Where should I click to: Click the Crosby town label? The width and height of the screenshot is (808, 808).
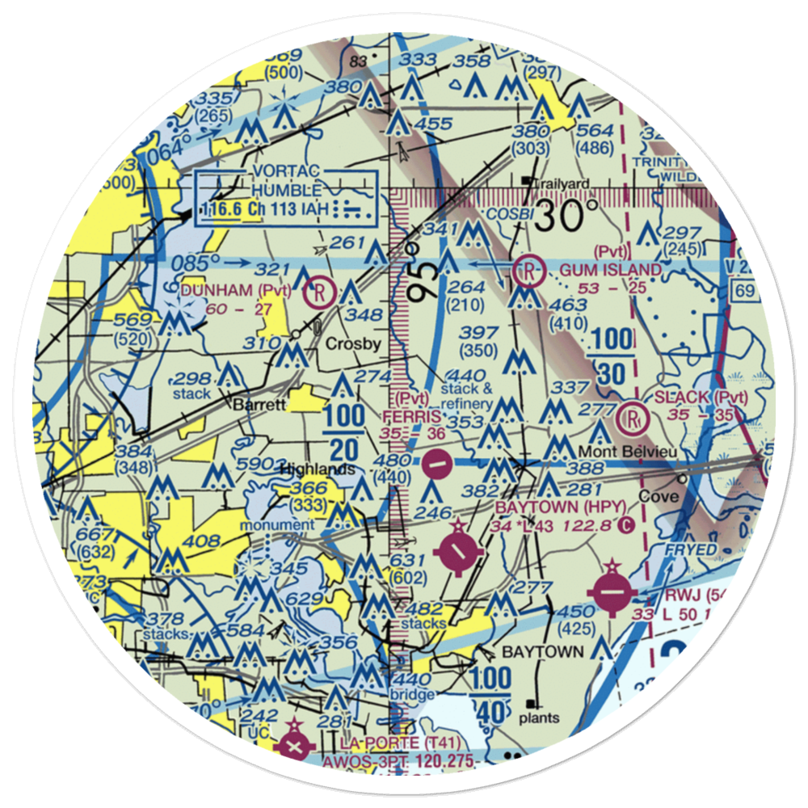tap(352, 343)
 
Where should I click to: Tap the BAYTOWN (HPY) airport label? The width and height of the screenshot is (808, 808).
tap(561, 507)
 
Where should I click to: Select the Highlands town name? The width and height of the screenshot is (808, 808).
tap(317, 469)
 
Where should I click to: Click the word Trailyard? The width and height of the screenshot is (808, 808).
tap(564, 183)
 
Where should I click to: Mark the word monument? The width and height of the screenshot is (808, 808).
tap(282, 524)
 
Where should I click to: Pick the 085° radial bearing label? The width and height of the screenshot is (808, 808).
tap(196, 263)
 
